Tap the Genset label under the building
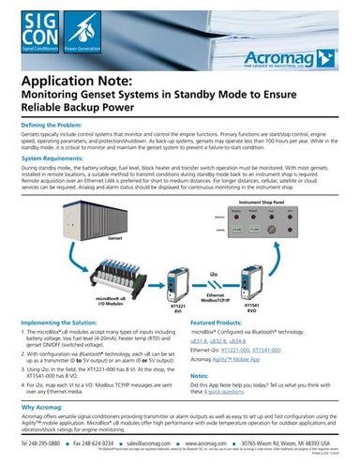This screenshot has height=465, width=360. point(90,264)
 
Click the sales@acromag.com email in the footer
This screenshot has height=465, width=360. point(127,442)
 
